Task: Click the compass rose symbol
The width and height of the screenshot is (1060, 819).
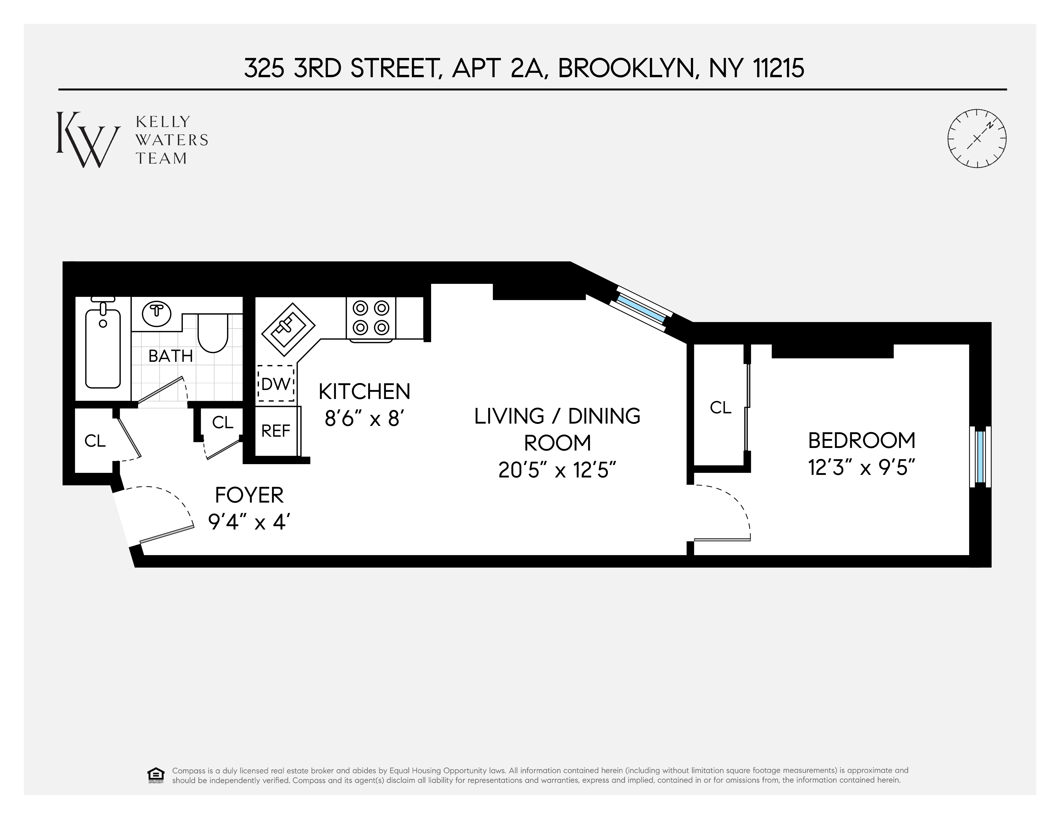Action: pyautogui.click(x=977, y=139)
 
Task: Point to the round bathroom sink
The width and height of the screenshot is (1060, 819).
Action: pyautogui.click(x=156, y=314)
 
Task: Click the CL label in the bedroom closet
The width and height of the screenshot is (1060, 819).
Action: pyautogui.click(x=720, y=407)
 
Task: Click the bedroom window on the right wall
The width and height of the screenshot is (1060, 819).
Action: pyautogui.click(x=980, y=456)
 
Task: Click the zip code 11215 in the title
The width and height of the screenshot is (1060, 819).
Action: pyautogui.click(x=778, y=68)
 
